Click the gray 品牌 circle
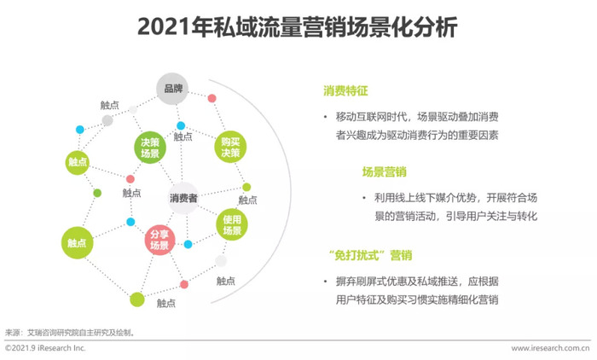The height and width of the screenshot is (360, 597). [172, 89]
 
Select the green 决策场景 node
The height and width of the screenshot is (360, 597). [150, 148]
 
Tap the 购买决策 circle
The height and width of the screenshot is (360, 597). [230, 147]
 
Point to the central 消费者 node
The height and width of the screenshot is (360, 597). [183, 198]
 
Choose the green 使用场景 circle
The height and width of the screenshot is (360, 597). [232, 224]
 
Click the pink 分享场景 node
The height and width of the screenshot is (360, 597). [159, 240]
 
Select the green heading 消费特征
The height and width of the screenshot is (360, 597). [345, 90]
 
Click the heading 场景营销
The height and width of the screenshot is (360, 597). [384, 171]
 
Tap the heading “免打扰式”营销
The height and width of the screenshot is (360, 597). [370, 255]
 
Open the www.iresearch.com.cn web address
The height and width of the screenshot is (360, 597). [550, 348]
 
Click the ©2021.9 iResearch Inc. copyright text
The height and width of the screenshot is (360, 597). [45, 348]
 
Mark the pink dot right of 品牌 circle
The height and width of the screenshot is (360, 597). [212, 98]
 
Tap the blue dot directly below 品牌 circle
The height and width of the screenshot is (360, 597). [181, 125]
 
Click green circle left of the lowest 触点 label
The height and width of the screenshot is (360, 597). [137, 299]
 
